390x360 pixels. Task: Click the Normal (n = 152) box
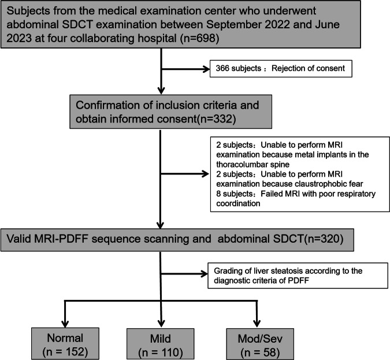(x=65, y=344)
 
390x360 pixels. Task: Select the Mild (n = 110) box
(x=161, y=344)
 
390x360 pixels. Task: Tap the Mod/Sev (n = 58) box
(x=260, y=344)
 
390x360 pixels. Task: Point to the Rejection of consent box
(x=281, y=69)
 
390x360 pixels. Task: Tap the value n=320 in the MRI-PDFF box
(x=324, y=239)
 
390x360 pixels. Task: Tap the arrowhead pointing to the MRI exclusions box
(x=206, y=174)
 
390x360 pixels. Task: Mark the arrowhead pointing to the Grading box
(x=205, y=274)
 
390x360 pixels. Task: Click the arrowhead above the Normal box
(x=65, y=324)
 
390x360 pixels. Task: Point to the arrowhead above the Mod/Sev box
(x=257, y=324)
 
